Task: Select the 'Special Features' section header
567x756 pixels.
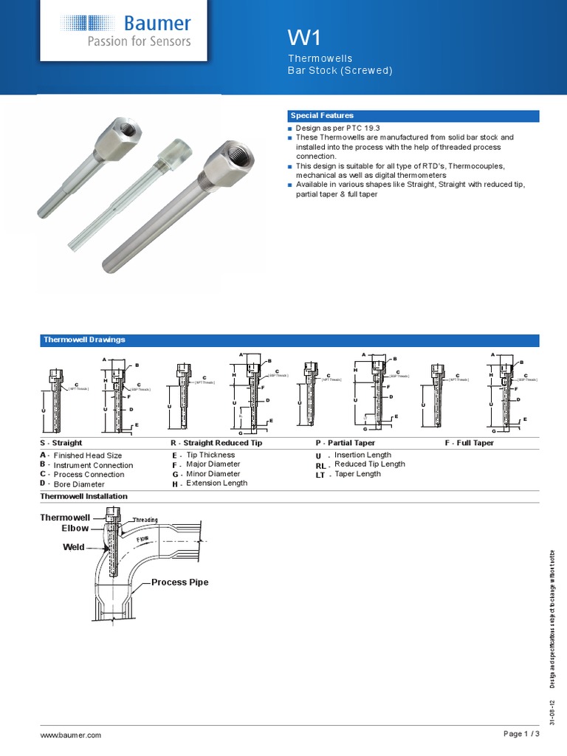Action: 322,116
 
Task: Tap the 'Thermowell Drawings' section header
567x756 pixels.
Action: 84,340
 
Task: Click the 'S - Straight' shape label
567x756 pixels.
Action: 61,443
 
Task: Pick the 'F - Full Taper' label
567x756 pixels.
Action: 470,443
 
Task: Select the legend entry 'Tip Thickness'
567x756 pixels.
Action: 210,455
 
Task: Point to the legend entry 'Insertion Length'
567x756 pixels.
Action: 362,455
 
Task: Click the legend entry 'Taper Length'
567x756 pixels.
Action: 357,474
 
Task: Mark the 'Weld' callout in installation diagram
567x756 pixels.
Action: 74,547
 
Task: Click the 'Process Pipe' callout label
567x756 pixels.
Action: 179,583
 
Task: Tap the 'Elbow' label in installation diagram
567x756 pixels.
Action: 75,529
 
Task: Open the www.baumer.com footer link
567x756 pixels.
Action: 71,735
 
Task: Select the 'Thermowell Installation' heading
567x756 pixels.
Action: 83,496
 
